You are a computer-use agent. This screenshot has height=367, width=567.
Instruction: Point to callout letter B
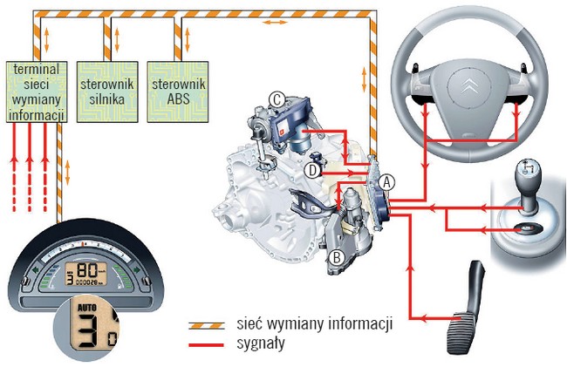tap(336, 256)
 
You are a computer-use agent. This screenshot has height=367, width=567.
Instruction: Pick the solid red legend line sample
tap(211, 344)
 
